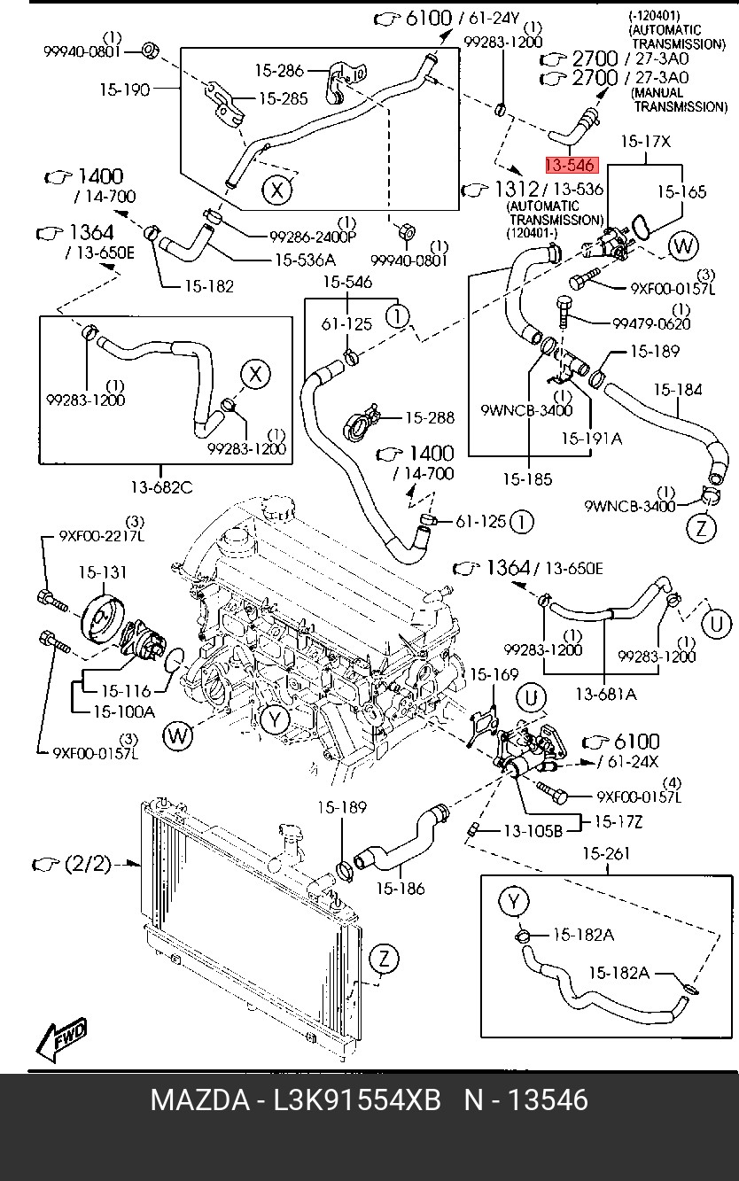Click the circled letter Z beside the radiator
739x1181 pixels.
point(382,958)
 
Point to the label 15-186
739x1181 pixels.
point(400,888)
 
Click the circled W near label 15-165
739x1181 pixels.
point(682,246)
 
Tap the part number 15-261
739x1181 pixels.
point(606,854)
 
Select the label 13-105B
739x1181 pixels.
point(533,831)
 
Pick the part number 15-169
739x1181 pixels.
point(494,675)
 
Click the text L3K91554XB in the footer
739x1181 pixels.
point(357,1100)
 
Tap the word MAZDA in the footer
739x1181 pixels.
point(199,1100)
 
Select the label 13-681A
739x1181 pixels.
point(606,695)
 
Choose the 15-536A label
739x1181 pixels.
point(305,260)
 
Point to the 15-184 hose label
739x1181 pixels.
point(678,389)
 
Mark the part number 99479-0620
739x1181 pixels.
point(651,324)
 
